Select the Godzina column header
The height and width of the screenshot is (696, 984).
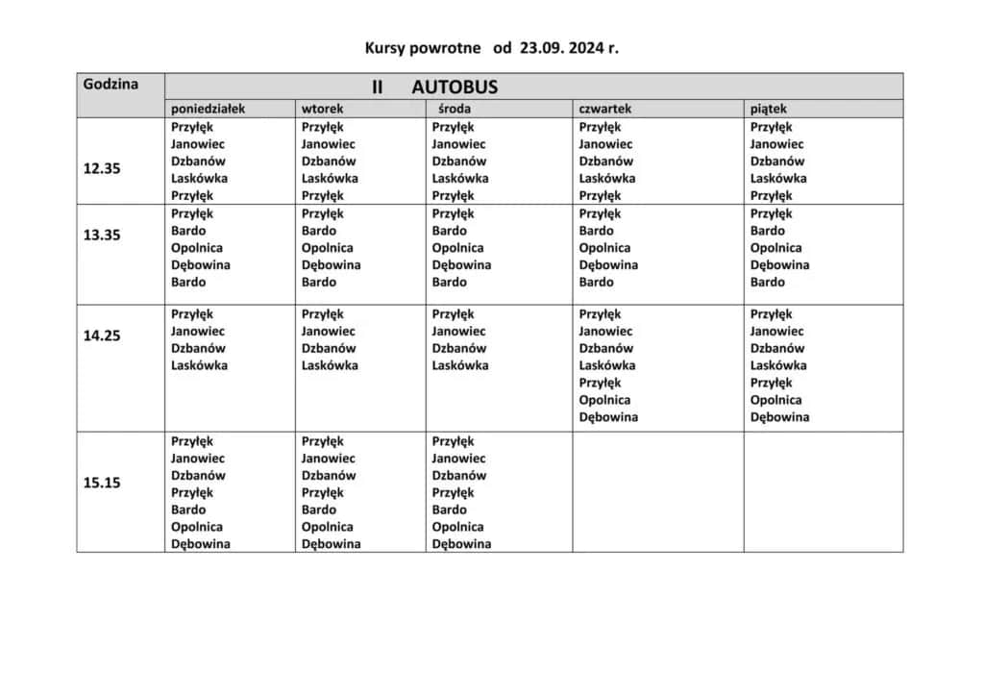pos(111,84)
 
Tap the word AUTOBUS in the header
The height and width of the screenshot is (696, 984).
pos(455,87)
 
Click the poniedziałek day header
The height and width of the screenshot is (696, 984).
pos(208,109)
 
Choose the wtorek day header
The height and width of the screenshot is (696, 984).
pos(322,109)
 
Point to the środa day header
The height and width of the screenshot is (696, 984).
pos(455,109)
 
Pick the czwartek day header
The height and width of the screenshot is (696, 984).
pos(604,109)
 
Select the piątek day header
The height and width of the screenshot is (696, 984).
pos(769,109)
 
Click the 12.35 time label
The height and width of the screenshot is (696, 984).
pos(102,168)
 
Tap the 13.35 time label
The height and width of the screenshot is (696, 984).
pos(102,235)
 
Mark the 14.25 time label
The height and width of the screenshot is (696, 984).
pos(102,336)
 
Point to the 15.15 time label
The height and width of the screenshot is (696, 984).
pos(102,483)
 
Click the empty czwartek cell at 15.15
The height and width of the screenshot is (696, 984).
pos(658,491)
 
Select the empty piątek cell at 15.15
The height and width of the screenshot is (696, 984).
pos(824,491)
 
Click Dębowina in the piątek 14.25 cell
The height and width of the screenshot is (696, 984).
pos(779,417)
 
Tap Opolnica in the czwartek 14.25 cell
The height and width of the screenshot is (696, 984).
pos(604,400)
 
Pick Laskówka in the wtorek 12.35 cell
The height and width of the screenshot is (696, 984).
pos(330,178)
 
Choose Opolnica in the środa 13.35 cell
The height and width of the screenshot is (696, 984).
pos(457,248)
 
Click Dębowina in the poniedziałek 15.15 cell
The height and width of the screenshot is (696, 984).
pos(201,544)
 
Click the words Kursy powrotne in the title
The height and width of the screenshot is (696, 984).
pos(423,47)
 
